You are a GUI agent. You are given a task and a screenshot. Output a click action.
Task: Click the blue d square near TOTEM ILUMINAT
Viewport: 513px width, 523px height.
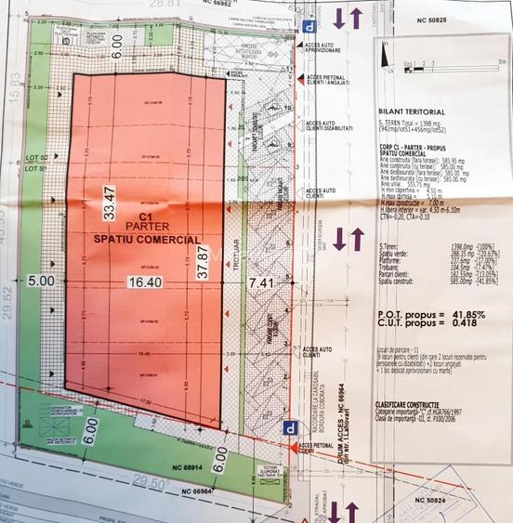pos(292,428)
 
